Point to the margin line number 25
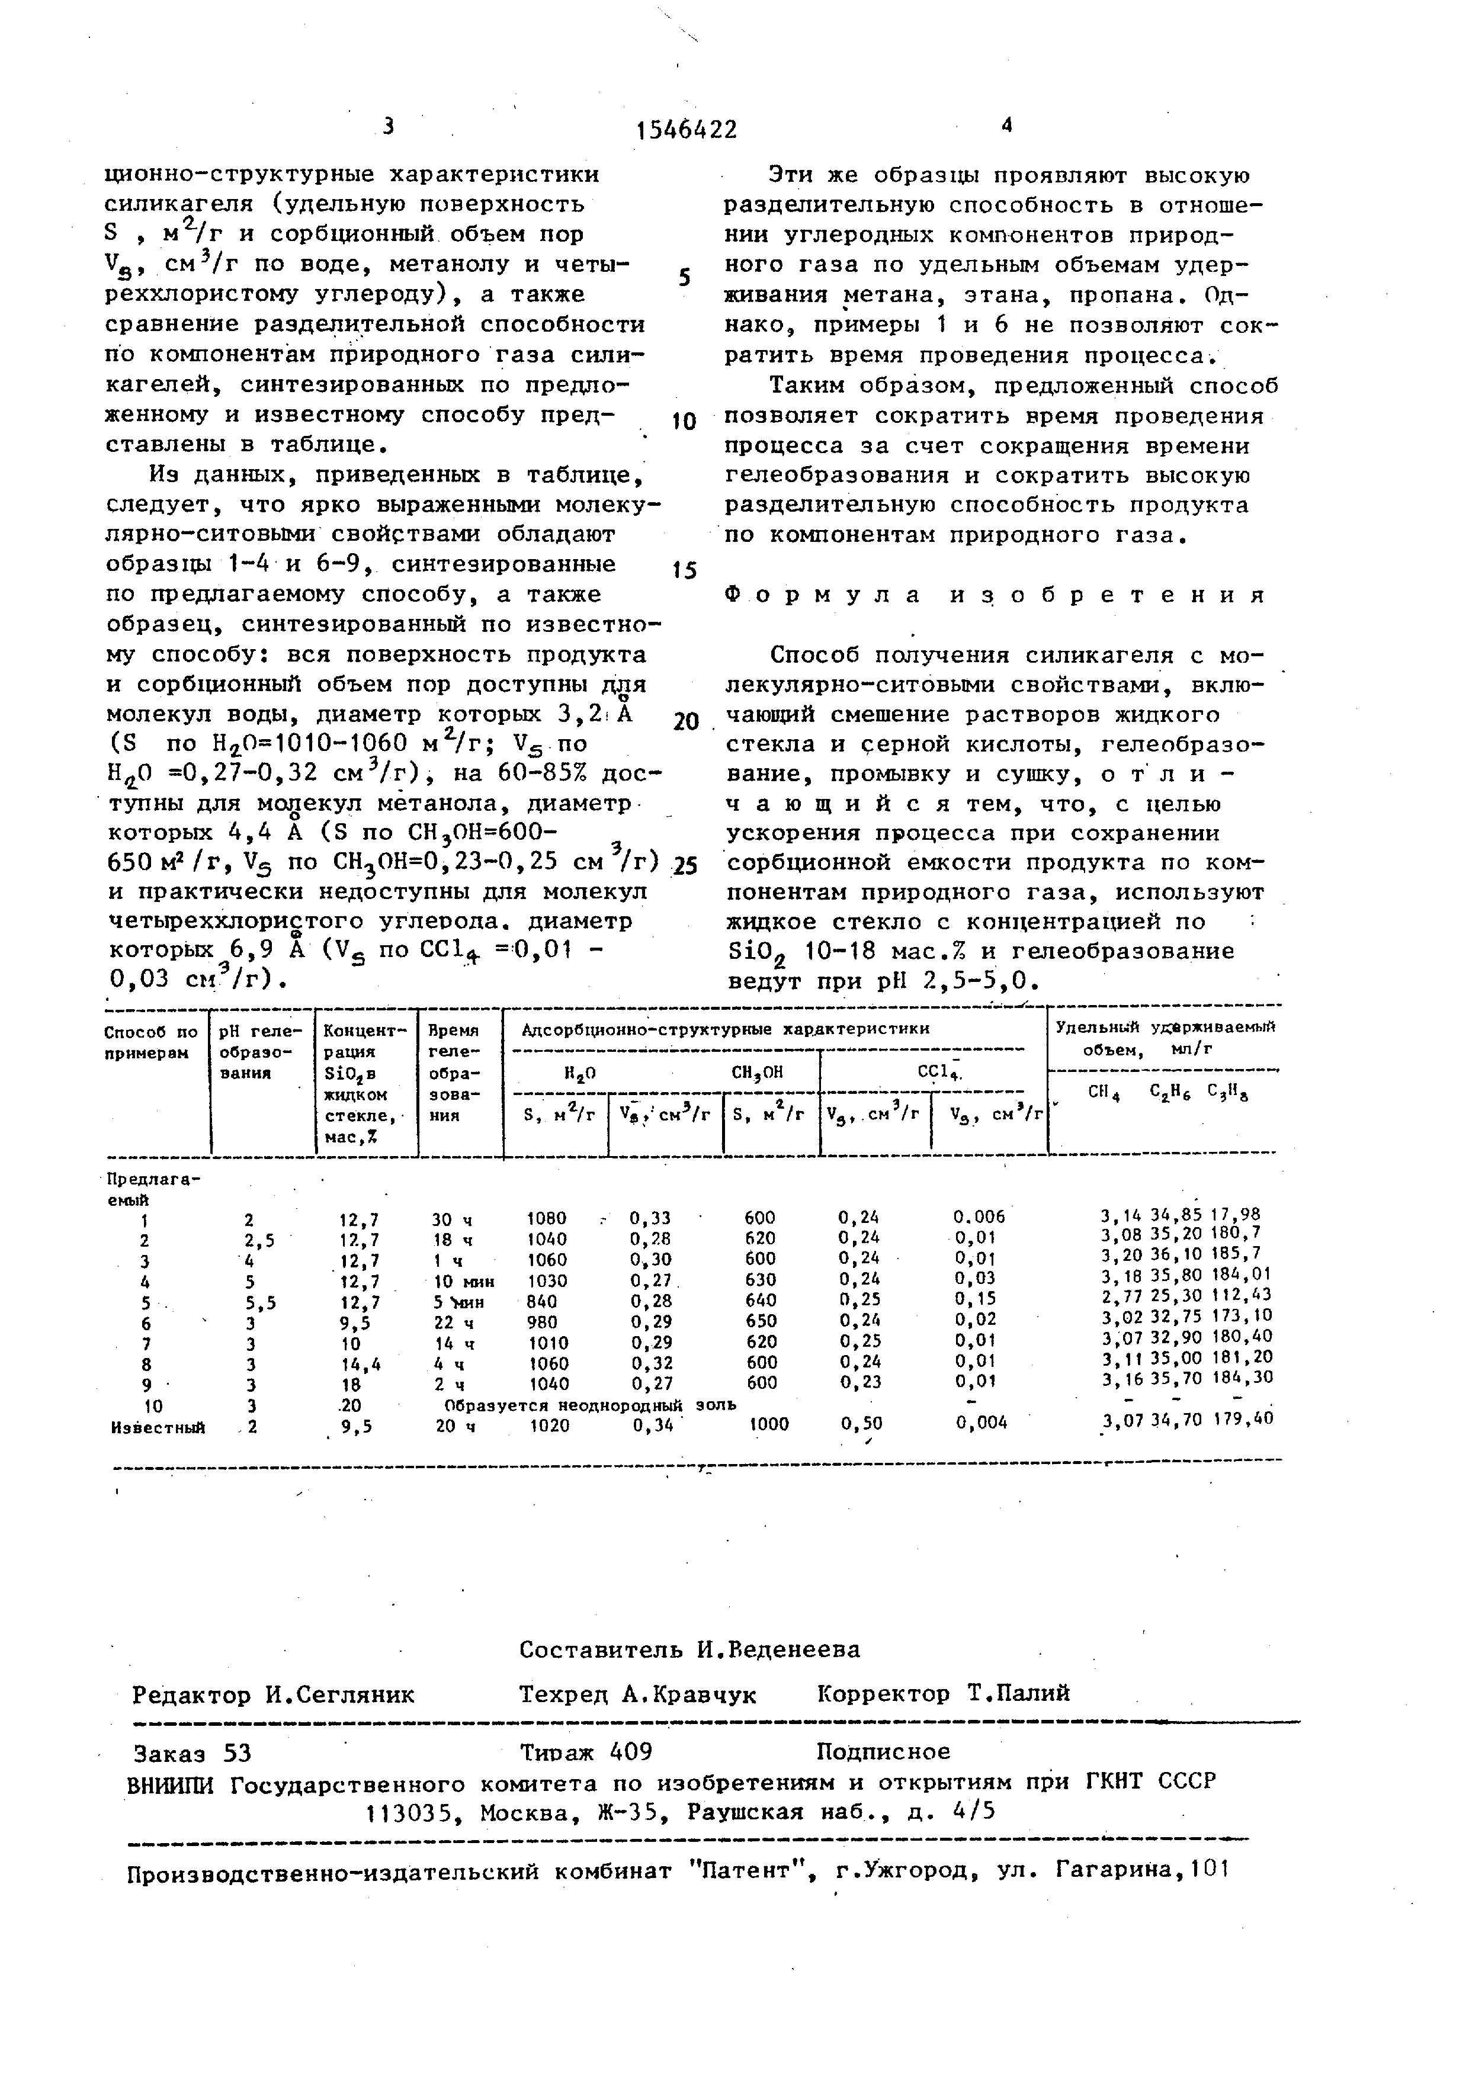685,866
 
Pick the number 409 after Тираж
631,1752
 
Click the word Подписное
883,1752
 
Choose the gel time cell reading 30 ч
450,1218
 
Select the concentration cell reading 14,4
359,1364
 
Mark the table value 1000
769,1424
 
